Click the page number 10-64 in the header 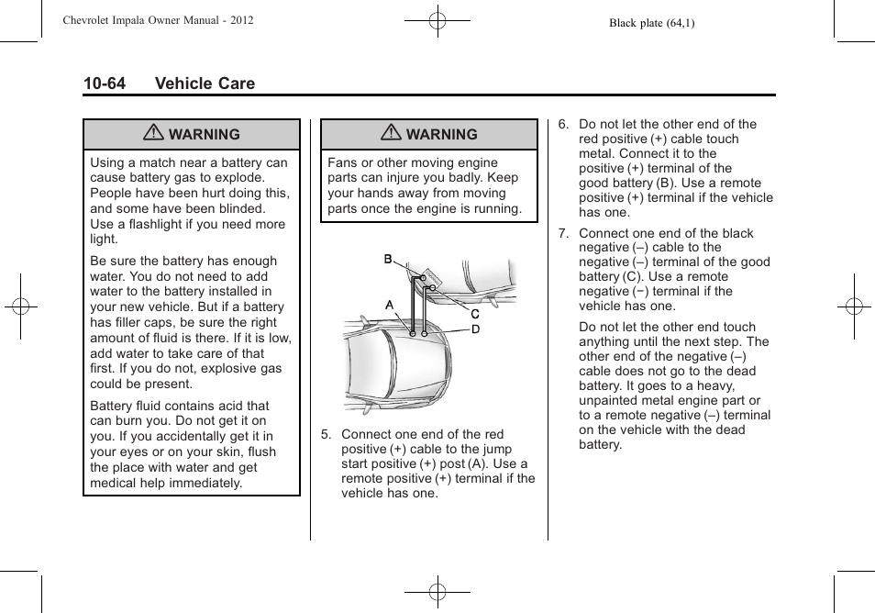pyautogui.click(x=104, y=84)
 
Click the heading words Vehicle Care pyautogui.click(x=205, y=84)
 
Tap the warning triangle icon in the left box pyautogui.click(x=154, y=134)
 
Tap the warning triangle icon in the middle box pyautogui.click(x=392, y=134)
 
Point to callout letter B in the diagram pyautogui.click(x=388, y=260)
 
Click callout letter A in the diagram pyautogui.click(x=390, y=306)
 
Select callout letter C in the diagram pyautogui.click(x=475, y=314)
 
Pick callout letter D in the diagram pyautogui.click(x=475, y=329)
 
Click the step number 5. pyautogui.click(x=325, y=435)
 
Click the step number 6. pyautogui.click(x=562, y=125)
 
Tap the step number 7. pyautogui.click(x=562, y=233)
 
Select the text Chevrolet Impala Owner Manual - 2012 pyautogui.click(x=157, y=20)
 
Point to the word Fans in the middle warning pyautogui.click(x=342, y=162)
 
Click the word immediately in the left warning pyautogui.click(x=206, y=483)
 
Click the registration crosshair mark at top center pyautogui.click(x=437, y=20)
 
